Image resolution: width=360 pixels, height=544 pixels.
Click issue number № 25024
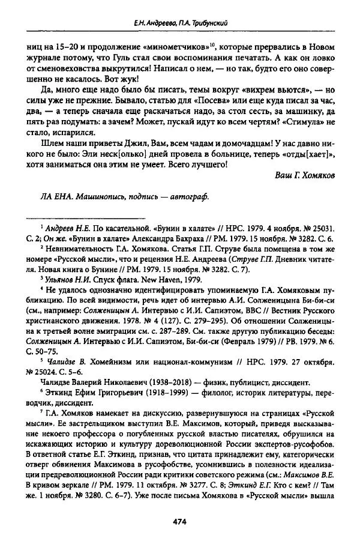(44, 375)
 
